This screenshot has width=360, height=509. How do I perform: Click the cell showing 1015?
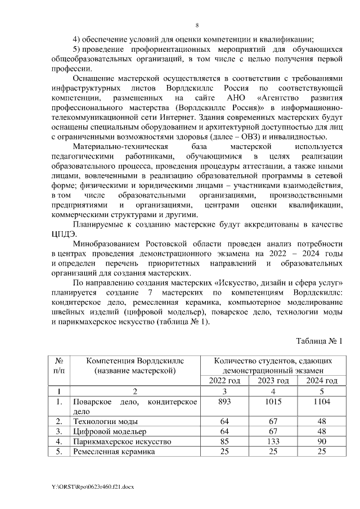click(273, 402)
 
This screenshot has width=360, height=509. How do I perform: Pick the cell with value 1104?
click(320, 402)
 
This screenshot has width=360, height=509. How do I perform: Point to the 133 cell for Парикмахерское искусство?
click(273, 442)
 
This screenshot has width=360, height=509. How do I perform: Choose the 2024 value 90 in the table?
click(320, 442)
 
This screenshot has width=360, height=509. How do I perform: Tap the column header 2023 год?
click(273, 381)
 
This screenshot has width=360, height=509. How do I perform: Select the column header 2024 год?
click(320, 381)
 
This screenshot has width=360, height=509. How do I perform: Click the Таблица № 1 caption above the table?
click(319, 340)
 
